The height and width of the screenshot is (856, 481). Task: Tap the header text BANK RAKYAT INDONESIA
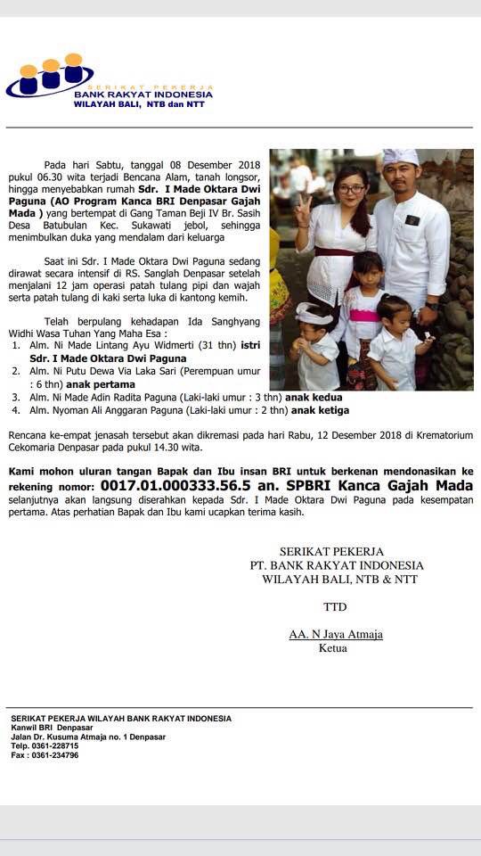[143, 94]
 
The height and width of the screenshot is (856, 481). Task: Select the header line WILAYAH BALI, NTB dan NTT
[139, 104]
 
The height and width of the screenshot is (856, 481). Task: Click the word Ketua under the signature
[334, 648]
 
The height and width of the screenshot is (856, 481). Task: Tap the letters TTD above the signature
[335, 607]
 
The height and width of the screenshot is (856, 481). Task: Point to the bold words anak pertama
[101, 384]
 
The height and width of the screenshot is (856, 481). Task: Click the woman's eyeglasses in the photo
[350, 189]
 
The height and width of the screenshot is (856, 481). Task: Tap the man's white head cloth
[400, 157]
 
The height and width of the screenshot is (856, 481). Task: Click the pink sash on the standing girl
[363, 315]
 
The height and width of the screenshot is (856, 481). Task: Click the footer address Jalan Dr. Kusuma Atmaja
[88, 737]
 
